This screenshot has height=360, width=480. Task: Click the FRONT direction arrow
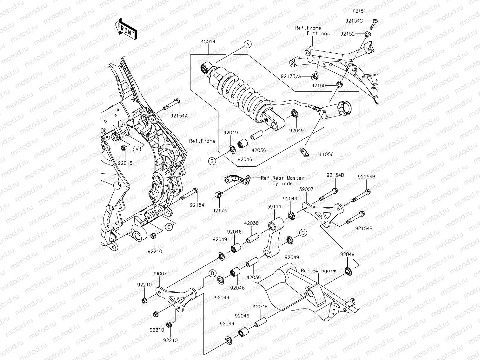126,29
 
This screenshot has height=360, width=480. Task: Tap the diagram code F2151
359,11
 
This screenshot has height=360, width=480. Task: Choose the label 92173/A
291,76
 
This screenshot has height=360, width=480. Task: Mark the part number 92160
318,85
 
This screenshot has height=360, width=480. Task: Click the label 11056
326,155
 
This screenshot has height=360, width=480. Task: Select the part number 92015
125,163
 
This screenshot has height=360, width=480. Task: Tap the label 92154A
178,116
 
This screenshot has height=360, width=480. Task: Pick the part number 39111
274,206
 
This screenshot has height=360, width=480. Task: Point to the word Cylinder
284,183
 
